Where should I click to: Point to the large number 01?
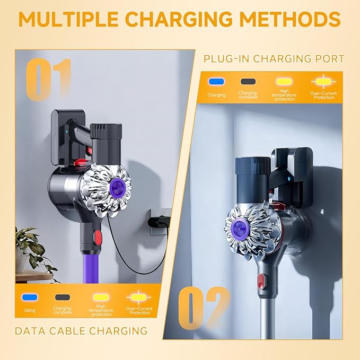point(49,80)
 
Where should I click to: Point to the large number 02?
point(204,308)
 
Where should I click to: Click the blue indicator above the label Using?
point(30,297)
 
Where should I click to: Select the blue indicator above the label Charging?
point(216,82)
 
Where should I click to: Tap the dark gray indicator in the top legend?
point(248,82)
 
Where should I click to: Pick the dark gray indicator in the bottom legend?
point(63,297)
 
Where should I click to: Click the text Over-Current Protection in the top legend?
point(323,95)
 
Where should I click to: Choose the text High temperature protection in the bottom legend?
point(101,310)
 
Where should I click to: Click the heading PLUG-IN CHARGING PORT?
point(274,59)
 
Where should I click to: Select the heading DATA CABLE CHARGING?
point(81,331)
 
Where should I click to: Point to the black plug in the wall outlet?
point(158,222)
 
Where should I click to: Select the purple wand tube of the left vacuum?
point(89,268)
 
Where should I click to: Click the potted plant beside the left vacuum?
point(31,250)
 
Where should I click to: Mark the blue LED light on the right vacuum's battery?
point(288,178)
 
